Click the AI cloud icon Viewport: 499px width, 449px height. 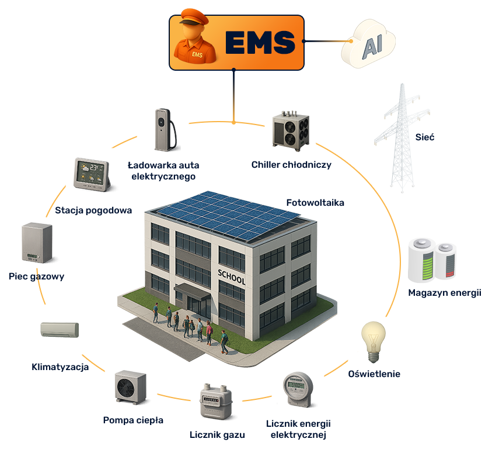pyautogui.click(x=368, y=43)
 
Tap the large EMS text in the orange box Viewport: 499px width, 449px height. pyautogui.click(x=260, y=43)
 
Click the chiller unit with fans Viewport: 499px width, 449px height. pyautogui.click(x=291, y=131)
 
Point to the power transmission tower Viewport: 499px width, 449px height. pyautogui.click(x=402, y=138)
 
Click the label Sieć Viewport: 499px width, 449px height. pyautogui.click(x=424, y=137)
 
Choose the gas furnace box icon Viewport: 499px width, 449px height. pyautogui.click(x=37, y=243)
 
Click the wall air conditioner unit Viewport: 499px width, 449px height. pyautogui.click(x=60, y=330)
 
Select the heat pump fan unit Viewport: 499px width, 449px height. pyautogui.click(x=131, y=387)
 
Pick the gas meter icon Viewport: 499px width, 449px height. pyautogui.click(x=216, y=402)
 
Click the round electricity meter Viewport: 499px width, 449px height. pyautogui.click(x=298, y=389)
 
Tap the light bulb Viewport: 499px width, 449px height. pyautogui.click(x=374, y=341)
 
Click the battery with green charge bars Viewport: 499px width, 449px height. pyautogui.click(x=422, y=260)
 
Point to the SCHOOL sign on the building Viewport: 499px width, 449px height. pyautogui.click(x=231, y=277)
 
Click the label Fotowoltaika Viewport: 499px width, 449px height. pyautogui.click(x=315, y=203)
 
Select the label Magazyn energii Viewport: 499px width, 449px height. pyautogui.click(x=445, y=293)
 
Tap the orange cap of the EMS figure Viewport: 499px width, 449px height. pyautogui.click(x=194, y=18)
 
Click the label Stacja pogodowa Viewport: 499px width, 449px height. pyautogui.click(x=93, y=210)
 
